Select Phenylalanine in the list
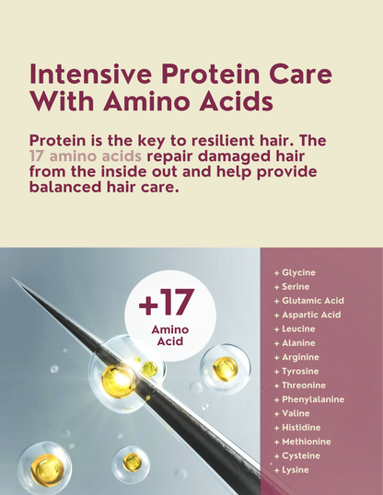[x=313, y=399]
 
